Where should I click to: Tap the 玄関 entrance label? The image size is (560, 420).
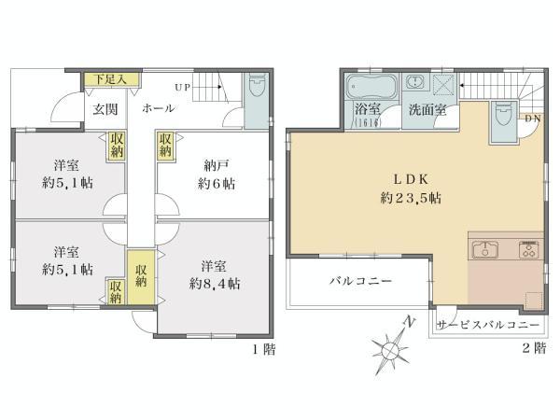pyautogui.click(x=104, y=109)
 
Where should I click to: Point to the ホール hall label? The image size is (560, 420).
pyautogui.click(x=158, y=109)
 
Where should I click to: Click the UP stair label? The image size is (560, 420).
pyautogui.click(x=182, y=89)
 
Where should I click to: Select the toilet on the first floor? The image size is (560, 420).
pyautogui.click(x=256, y=91)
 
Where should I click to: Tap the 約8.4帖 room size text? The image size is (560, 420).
pyautogui.click(x=215, y=282)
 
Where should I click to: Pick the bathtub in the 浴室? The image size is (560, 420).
pyautogui.click(x=371, y=90)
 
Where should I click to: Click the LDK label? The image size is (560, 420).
pyautogui.click(x=411, y=178)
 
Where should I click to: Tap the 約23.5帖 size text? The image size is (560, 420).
pyautogui.click(x=411, y=198)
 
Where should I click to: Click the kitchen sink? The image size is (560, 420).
pyautogui.click(x=486, y=249)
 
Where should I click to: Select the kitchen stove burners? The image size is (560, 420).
pyautogui.click(x=528, y=249)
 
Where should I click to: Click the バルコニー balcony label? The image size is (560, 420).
pyautogui.click(x=359, y=281)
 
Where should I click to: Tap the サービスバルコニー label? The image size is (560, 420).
pyautogui.click(x=488, y=325)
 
